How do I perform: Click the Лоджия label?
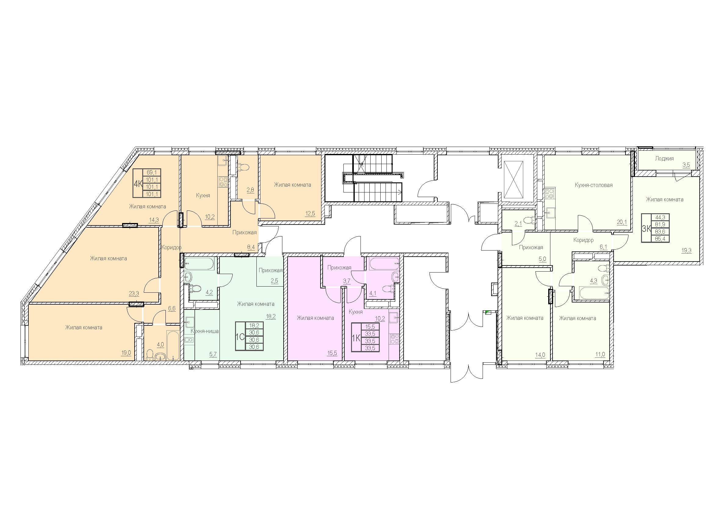664,158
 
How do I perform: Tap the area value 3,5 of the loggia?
686,165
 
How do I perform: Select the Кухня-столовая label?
593,185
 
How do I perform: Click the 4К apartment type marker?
138,184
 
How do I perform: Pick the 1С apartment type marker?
240,337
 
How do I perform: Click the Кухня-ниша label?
205,331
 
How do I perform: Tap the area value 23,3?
134,293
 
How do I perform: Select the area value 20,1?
622,222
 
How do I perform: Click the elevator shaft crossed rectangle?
513,180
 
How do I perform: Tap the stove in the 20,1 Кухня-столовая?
550,193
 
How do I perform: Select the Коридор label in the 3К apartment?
583,240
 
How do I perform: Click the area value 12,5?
310,214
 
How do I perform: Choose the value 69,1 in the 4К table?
152,172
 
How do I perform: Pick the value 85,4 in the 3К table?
660,239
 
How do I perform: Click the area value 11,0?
600,354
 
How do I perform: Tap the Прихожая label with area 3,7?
339,268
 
